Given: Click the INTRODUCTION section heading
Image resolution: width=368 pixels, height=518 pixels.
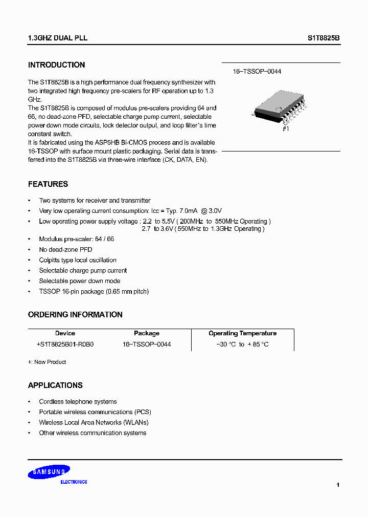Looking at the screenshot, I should click(x=56, y=65).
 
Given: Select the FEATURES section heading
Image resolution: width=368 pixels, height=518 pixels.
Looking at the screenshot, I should click(x=48, y=184).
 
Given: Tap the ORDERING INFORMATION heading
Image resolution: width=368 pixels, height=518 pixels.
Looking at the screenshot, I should click(x=75, y=315).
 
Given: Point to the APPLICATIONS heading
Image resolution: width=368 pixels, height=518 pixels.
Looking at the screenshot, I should click(x=55, y=385).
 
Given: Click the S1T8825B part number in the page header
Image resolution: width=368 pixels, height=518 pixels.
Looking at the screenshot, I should click(x=324, y=38).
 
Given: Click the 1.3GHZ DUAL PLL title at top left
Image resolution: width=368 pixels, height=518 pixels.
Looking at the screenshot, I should click(x=57, y=38).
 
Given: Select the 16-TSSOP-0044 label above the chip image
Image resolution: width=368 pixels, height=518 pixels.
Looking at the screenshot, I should click(x=257, y=72).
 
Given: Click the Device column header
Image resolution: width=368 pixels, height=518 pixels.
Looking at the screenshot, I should click(x=65, y=333).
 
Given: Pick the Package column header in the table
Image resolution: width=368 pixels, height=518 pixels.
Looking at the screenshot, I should click(x=147, y=333).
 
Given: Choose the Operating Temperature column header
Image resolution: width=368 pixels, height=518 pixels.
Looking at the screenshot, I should click(x=242, y=333).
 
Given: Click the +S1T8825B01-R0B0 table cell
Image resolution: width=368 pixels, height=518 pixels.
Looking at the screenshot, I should click(x=65, y=344).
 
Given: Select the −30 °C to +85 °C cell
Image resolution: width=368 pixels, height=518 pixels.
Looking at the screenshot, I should click(x=242, y=344).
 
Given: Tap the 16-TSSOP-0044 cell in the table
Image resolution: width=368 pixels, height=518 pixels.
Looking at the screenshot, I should click(x=147, y=344).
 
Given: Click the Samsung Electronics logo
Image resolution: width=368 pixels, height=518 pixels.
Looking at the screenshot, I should click(x=50, y=474).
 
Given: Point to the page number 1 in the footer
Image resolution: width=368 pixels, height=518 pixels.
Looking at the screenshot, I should click(x=338, y=485).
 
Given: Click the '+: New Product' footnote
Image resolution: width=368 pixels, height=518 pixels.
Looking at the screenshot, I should click(x=47, y=362).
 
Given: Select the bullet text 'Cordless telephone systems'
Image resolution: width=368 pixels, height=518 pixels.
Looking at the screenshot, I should click(x=78, y=402).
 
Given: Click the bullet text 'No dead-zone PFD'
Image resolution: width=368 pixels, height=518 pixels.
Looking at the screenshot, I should click(x=65, y=250).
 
